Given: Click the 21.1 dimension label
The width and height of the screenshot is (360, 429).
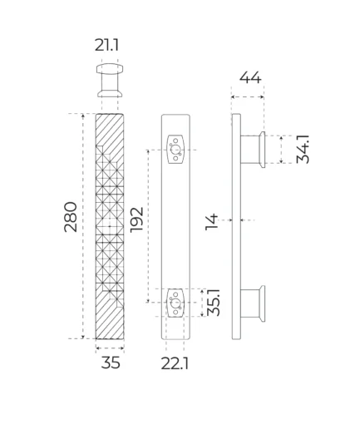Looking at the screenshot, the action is click(x=106, y=45).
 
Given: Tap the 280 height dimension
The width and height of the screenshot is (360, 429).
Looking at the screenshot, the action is click(x=71, y=217).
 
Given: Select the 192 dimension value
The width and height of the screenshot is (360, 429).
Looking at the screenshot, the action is click(x=137, y=219).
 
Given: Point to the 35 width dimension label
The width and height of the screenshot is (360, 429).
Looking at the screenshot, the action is click(x=111, y=362).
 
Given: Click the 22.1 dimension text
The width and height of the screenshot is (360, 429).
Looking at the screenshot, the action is click(x=175, y=363).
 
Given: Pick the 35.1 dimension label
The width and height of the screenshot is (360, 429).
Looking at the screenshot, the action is click(x=214, y=303).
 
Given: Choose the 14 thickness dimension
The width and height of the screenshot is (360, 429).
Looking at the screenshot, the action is click(x=212, y=222).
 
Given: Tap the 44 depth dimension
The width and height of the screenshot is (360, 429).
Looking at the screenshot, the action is click(x=250, y=77).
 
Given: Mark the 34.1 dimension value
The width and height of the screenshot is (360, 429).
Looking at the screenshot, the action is click(x=303, y=149).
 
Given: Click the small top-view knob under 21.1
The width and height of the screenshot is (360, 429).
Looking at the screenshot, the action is click(x=110, y=81).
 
